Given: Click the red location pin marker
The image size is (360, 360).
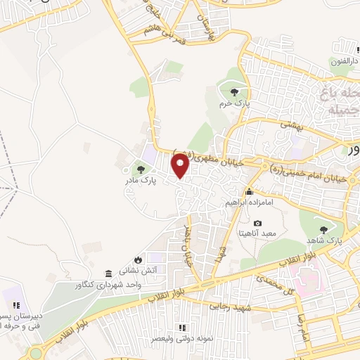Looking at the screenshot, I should [180, 165].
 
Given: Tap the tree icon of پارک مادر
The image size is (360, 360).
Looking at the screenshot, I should [141, 169].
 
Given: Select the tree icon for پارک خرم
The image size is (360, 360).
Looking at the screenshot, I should [233, 91].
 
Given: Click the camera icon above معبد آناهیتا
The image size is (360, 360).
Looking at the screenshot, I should [257, 223].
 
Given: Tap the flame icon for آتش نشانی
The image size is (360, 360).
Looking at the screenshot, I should [147, 259].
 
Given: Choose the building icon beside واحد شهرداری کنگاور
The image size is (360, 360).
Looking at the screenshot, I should [108, 274].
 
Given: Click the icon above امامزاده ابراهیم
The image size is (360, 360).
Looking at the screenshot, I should [248, 192].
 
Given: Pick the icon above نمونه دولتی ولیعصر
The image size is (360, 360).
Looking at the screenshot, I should [181, 328].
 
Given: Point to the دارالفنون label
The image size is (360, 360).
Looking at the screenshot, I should [345, 61].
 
